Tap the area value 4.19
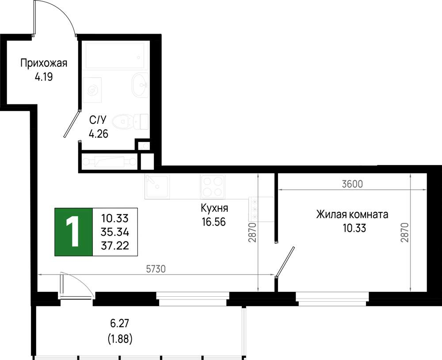coord(44,77)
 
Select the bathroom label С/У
coord(98,120)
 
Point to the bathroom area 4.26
coord(99,134)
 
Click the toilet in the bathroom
coord(130,122)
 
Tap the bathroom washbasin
coord(140,85)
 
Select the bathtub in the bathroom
coord(117,55)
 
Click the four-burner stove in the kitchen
coord(213,187)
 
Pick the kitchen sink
coord(157,187)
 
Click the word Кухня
coord(214,208)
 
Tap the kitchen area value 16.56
coord(213,222)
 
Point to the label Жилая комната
coord(352,214)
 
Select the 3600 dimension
coord(352,184)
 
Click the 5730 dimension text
coord(156,269)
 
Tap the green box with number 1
coord(73,232)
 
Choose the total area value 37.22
coord(115,245)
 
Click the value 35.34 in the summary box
coord(115,232)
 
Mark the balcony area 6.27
coord(119,323)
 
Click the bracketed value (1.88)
coord(120,339)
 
